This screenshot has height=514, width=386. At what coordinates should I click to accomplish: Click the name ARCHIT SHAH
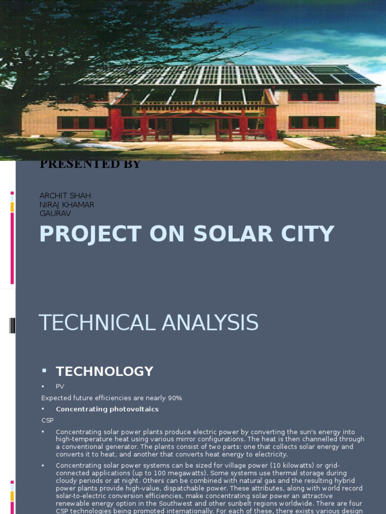(x=65, y=196)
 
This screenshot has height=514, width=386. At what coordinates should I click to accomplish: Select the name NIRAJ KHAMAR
(x=67, y=205)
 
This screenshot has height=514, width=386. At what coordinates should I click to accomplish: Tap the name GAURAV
(x=55, y=213)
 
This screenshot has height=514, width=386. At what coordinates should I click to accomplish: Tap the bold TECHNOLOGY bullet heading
(x=105, y=371)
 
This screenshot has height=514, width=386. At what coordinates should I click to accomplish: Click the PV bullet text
(x=60, y=387)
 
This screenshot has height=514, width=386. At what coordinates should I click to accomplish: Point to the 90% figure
(x=175, y=398)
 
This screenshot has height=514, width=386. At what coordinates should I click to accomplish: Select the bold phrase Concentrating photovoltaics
(x=107, y=409)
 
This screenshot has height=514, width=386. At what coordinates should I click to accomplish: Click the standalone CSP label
(x=47, y=420)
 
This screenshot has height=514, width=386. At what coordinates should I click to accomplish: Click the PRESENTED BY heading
(x=90, y=164)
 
